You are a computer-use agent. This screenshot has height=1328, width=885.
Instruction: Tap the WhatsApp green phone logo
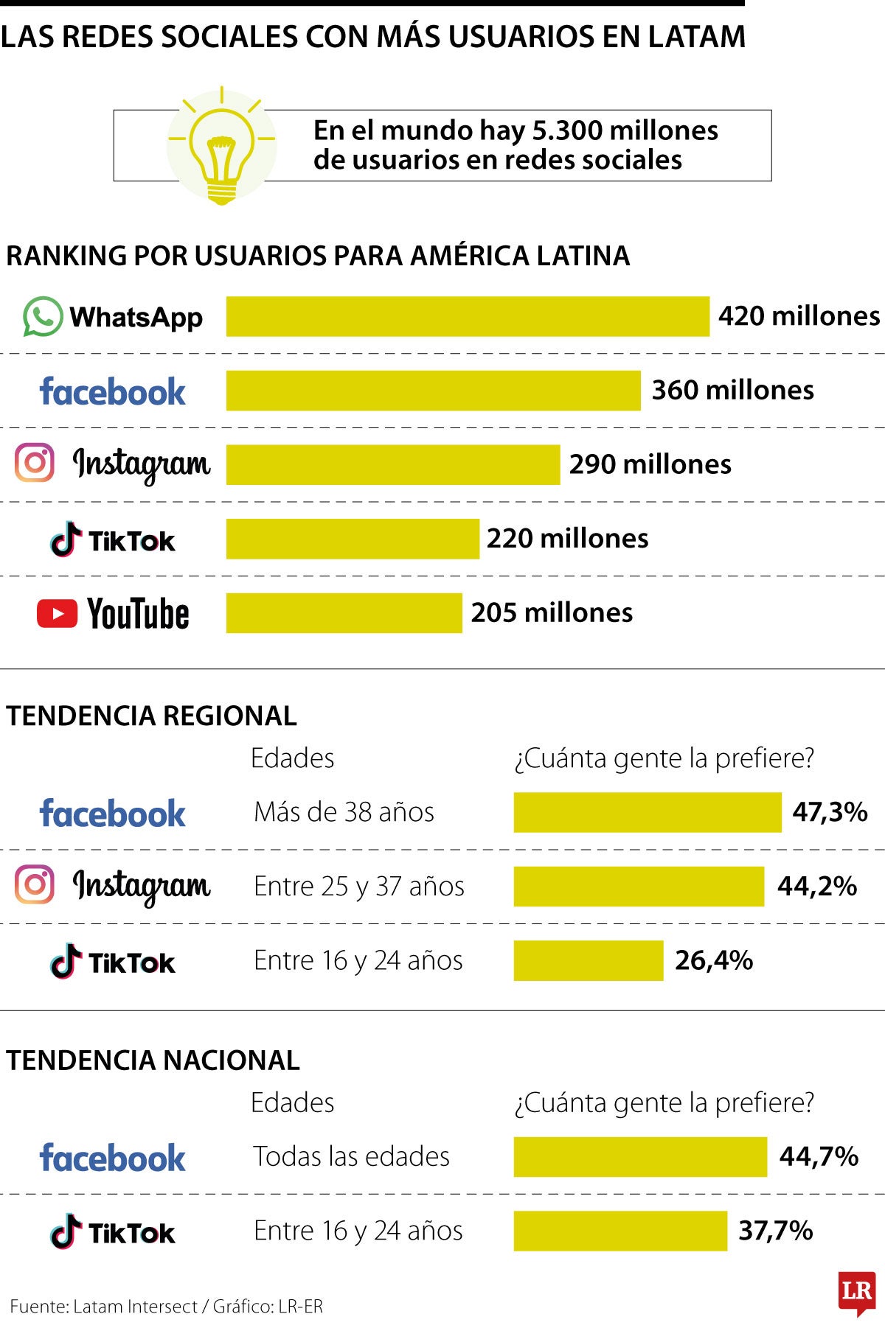click(x=43, y=317)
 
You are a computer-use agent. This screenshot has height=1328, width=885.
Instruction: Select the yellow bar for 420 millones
click(x=468, y=317)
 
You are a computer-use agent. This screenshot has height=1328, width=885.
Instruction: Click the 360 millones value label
click(x=732, y=390)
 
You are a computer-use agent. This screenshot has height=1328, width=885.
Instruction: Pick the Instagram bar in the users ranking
click(x=393, y=464)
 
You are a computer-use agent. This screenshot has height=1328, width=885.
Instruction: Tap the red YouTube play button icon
click(x=57, y=613)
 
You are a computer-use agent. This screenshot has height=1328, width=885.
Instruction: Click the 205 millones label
click(x=552, y=612)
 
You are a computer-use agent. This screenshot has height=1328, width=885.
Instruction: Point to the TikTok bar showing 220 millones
click(x=353, y=539)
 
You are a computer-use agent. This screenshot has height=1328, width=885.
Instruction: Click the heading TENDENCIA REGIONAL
click(x=151, y=716)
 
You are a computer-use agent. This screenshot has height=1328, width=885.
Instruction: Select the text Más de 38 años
click(x=344, y=812)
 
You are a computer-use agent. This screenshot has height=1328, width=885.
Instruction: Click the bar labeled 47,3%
click(x=647, y=812)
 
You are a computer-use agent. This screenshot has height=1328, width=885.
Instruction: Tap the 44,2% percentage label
click(x=817, y=886)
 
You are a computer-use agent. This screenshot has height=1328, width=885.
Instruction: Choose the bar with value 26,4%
click(x=589, y=960)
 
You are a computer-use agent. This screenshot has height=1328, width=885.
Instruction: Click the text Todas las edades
click(x=351, y=1156)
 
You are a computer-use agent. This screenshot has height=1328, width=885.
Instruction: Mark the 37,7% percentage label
click(x=776, y=1230)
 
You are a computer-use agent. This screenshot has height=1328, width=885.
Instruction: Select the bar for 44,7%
click(x=640, y=1156)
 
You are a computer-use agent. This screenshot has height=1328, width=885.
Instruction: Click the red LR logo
click(x=856, y=1292)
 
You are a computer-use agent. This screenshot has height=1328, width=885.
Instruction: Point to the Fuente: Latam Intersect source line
click(x=167, y=1307)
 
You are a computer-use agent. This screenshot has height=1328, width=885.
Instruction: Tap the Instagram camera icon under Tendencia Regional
click(x=35, y=884)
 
